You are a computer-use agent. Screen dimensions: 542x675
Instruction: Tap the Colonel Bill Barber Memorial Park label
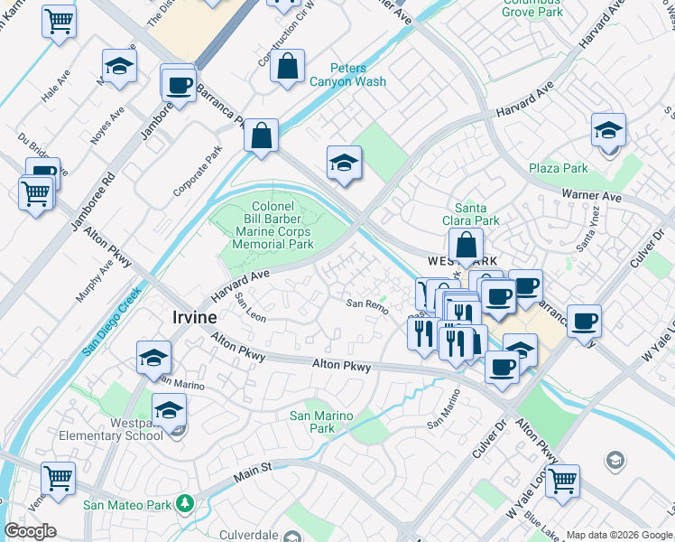pyautogui.click(x=268, y=226)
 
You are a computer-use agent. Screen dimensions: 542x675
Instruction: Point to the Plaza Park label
pyautogui.click(x=558, y=168)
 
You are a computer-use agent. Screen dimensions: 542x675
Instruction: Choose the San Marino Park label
pyautogui.click(x=320, y=422)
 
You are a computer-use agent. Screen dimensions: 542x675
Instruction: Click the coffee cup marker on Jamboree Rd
pyautogui.click(x=179, y=85)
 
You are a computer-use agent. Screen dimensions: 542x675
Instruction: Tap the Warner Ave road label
pyautogui.click(x=591, y=195)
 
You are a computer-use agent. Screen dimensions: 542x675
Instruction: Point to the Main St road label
pyautogui.click(x=254, y=470)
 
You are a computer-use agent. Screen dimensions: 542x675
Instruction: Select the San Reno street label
pyautogui.click(x=368, y=304)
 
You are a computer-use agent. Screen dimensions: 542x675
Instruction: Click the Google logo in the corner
pyautogui.click(x=30, y=531)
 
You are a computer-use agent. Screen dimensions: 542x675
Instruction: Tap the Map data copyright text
pyautogui.click(x=619, y=535)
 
